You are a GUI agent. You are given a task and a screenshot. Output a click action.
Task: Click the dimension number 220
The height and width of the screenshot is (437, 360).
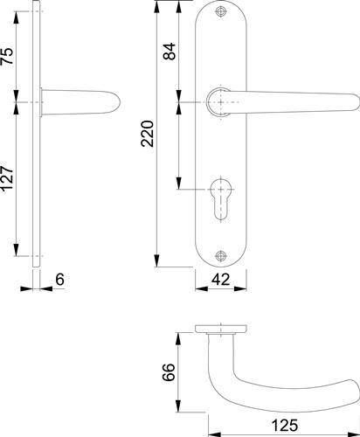tap(148, 134)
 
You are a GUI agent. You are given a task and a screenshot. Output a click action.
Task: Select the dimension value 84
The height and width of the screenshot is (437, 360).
tap(170, 52)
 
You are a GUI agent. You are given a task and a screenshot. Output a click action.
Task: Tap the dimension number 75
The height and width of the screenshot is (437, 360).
tap(7, 56)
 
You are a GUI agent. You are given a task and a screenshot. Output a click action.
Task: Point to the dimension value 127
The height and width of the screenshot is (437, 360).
tap(7, 178)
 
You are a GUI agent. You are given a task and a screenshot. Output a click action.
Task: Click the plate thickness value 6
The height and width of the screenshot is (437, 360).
tap(59, 280)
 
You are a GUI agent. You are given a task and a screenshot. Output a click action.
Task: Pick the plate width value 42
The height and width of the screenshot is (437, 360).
tap(221, 280)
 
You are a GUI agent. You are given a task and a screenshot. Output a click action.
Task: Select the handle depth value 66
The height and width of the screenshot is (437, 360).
tap(170, 372)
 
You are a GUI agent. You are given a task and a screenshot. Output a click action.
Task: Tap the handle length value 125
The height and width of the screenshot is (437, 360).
tap(285, 425)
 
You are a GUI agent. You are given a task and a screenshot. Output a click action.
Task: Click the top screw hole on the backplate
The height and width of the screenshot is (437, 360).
tap(220, 11)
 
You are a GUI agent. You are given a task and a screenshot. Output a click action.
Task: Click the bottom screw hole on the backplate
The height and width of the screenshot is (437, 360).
tap(220, 255)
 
